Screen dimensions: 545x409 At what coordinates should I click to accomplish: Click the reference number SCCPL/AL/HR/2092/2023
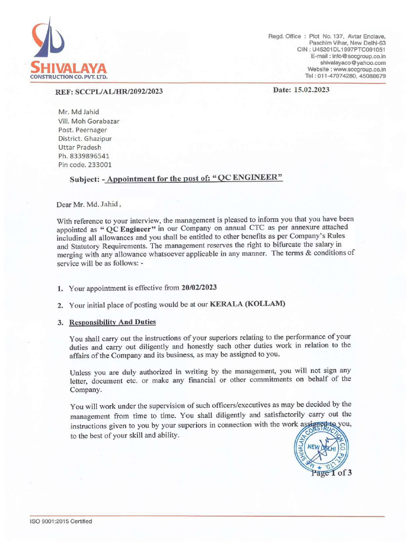(x=122, y=92)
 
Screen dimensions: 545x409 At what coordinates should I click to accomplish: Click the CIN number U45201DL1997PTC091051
(x=349, y=49)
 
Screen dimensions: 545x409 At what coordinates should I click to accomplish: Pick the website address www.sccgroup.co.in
(x=359, y=69)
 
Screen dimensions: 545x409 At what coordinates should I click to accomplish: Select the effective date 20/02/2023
(x=199, y=288)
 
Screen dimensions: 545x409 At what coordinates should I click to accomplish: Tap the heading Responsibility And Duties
(x=113, y=322)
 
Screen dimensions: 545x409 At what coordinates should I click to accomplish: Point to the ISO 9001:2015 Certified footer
(x=61, y=521)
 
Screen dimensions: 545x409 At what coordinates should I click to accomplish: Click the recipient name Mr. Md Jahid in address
(x=78, y=112)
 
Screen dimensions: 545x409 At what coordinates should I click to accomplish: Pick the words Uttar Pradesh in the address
(x=79, y=147)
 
